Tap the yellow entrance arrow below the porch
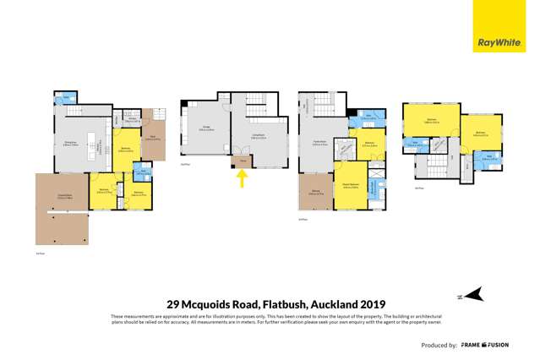point(243,178)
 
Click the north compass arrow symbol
point(476,293)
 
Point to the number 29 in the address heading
point(174,305)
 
